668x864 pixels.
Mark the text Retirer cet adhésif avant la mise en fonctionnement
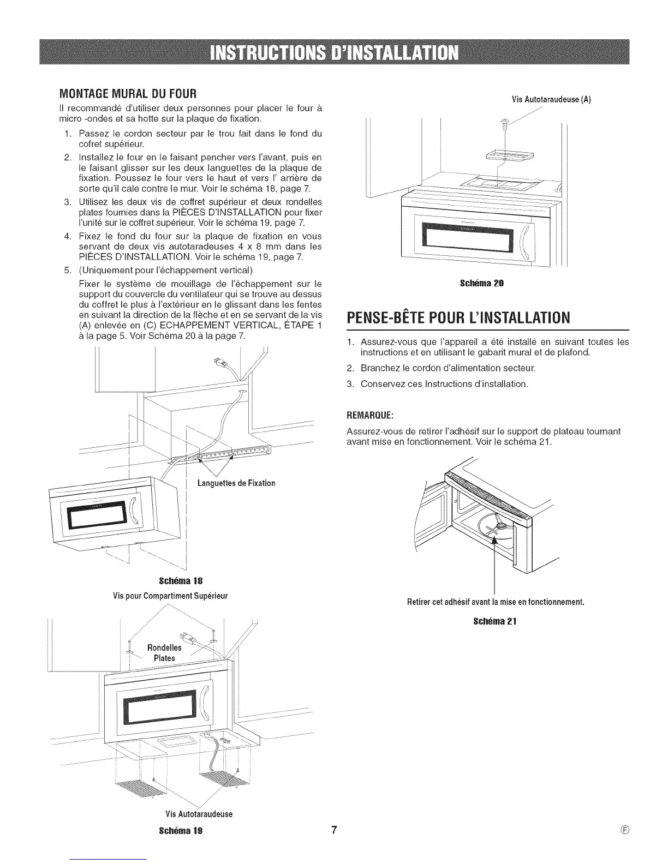click(496, 602)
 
